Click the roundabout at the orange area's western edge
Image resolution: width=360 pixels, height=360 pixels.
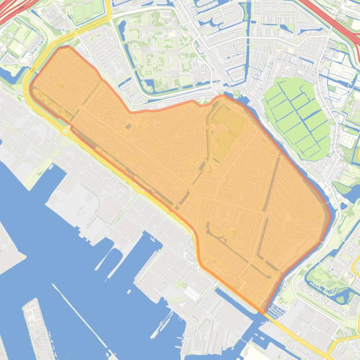click(x=65, y=131)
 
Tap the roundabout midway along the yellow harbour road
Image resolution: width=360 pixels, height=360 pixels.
click(x=138, y=190)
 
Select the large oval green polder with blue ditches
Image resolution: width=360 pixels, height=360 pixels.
click(x=297, y=117)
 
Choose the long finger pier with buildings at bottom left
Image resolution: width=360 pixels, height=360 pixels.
click(x=37, y=327)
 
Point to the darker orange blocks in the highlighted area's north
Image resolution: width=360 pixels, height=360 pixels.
click(x=227, y=126)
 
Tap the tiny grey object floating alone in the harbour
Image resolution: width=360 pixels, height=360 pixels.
click(x=129, y=292)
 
